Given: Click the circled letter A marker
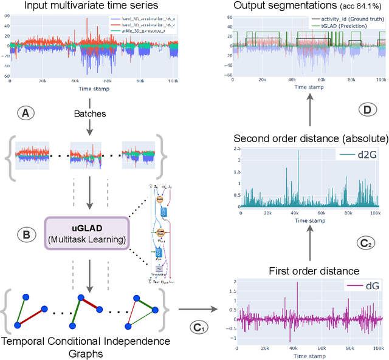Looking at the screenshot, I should pos(26,112).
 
